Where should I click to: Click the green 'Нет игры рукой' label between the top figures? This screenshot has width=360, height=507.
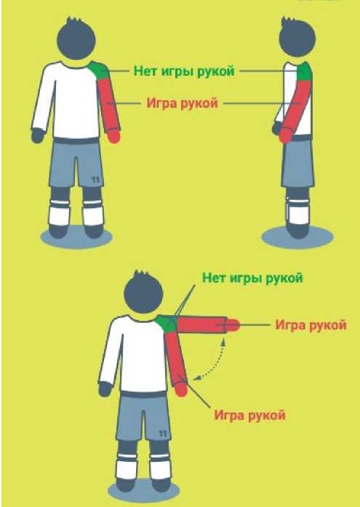pyautogui.click(x=184, y=71)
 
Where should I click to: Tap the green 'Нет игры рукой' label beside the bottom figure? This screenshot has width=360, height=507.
pyautogui.click(x=252, y=279)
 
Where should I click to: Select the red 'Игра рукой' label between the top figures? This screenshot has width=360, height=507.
pyautogui.click(x=183, y=103)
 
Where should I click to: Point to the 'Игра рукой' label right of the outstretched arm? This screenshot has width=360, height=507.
pyautogui.click(x=311, y=325)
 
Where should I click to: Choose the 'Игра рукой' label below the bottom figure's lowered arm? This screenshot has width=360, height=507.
pyautogui.click(x=249, y=415)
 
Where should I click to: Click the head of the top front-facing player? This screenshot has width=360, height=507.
pyautogui.click(x=76, y=39)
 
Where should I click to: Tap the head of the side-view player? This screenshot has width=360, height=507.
pyautogui.click(x=297, y=38)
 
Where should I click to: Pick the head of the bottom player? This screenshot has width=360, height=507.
pyautogui.click(x=143, y=292)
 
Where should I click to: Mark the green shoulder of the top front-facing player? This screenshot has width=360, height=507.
pyautogui.click(x=99, y=70)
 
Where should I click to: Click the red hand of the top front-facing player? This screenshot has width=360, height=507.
pyautogui.click(x=113, y=136)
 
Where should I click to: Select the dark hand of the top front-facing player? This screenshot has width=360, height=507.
pyautogui.click(x=38, y=135)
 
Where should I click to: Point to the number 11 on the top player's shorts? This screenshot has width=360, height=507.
pyautogui.click(x=95, y=180)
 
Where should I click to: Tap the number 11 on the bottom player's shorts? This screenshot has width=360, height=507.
pyautogui.click(x=163, y=434)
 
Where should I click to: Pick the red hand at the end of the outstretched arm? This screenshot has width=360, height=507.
pyautogui.click(x=233, y=325)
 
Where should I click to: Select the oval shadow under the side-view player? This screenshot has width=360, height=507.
pyautogui.click(x=297, y=238)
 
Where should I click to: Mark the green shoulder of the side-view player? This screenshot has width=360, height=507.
pyautogui.click(x=305, y=72)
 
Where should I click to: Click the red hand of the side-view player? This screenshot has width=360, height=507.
pyautogui.click(x=284, y=135)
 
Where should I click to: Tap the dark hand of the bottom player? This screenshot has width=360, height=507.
pyautogui.click(x=105, y=389)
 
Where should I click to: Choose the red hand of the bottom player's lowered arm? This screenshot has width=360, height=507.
pyautogui.click(x=181, y=389)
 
